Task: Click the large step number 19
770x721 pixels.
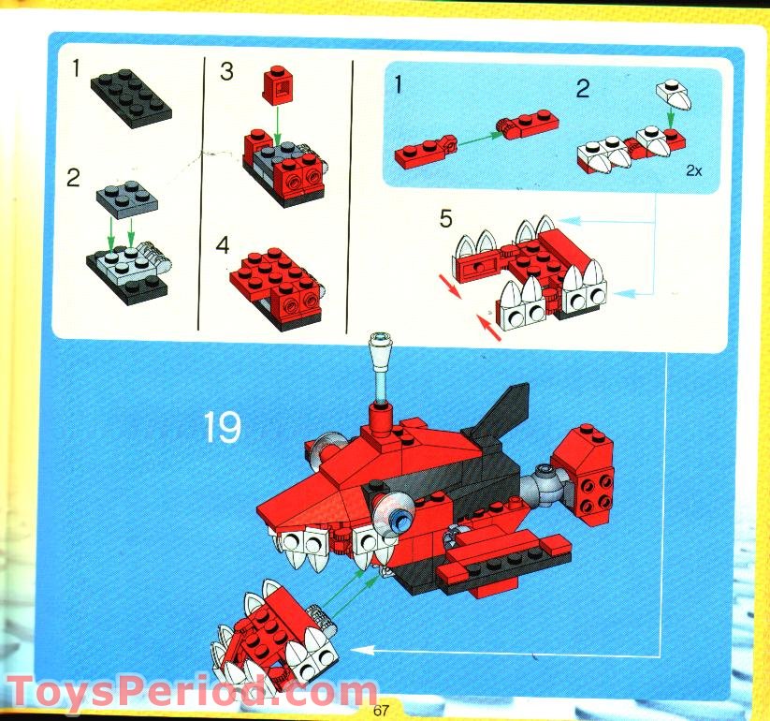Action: coord(223,427)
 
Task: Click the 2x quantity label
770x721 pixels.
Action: coord(694,170)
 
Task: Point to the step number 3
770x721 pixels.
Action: coord(227,72)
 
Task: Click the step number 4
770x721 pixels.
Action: coord(224,246)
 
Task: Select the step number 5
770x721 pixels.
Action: coord(446,220)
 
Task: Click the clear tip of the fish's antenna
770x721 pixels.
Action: coord(381,339)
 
